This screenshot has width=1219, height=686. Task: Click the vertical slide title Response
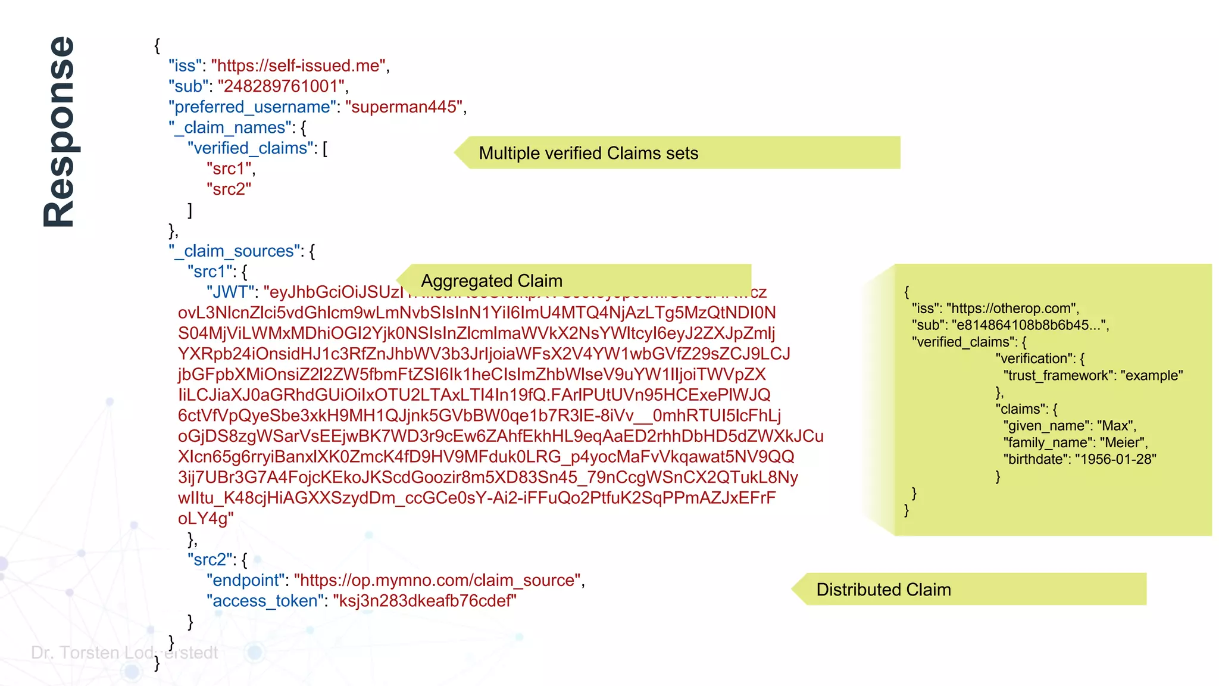pyautogui.click(x=59, y=132)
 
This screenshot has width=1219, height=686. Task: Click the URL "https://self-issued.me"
pyautogui.click(x=299, y=66)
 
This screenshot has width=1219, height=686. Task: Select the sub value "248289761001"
pyautogui.click(x=282, y=86)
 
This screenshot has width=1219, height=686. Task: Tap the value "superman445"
pyautogui.click(x=404, y=107)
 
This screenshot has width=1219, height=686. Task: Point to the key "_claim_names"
pyautogui.click(x=232, y=127)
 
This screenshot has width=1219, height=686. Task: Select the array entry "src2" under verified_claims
pyautogui.click(x=229, y=189)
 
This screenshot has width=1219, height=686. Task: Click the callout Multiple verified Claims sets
pyautogui.click(x=588, y=153)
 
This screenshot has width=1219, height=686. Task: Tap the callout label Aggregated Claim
pyautogui.click(x=491, y=280)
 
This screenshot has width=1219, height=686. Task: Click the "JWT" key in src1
pyautogui.click(x=230, y=292)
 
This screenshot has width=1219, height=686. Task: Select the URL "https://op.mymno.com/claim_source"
pyautogui.click(x=437, y=581)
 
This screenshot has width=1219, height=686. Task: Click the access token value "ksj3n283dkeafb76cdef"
pyautogui.click(x=424, y=601)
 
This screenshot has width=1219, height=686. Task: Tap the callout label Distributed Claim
pyautogui.click(x=883, y=590)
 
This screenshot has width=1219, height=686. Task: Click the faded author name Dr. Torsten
pyautogui.click(x=75, y=653)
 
